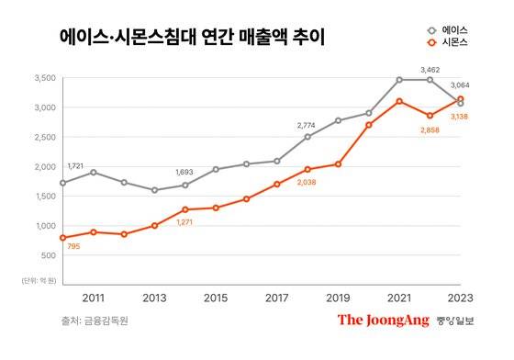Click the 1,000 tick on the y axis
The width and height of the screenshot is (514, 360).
pyautogui.click(x=41, y=226)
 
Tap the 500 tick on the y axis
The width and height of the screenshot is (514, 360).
pyautogui.click(x=46, y=255)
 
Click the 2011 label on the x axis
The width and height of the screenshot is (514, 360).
pyautogui.click(x=93, y=298)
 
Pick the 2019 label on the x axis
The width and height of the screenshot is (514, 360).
pyautogui.click(x=338, y=298)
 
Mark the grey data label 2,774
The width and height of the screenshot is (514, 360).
pyautogui.click(x=308, y=124)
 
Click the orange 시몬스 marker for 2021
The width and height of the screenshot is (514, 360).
pyautogui.click(x=399, y=101)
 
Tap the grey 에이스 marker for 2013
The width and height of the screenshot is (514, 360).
pyautogui.click(x=154, y=190)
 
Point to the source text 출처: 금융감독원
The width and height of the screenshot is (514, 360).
pyautogui.click(x=92, y=321)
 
